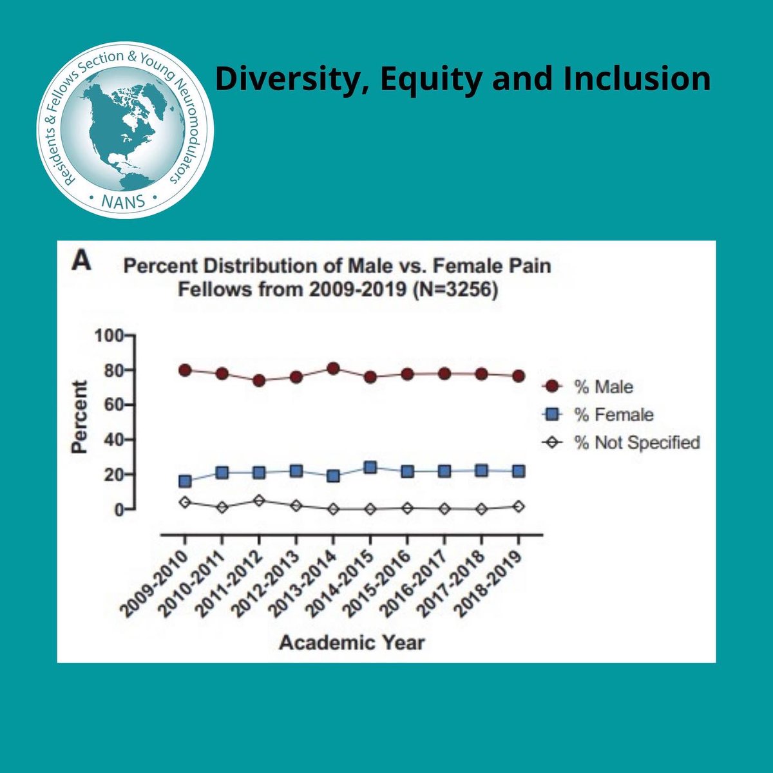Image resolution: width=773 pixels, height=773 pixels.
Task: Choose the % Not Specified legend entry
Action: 622,443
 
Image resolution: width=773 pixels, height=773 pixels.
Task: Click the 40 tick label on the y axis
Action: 108,440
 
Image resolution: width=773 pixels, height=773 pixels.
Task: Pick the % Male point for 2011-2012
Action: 259,380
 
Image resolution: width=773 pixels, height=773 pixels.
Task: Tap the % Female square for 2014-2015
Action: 370,468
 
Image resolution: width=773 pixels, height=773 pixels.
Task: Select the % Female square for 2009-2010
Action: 185,481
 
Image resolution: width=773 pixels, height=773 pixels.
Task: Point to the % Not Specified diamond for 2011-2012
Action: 259,501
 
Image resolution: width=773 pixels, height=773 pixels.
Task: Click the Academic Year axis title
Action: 352,642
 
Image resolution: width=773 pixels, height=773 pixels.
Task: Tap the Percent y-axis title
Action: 79,417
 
